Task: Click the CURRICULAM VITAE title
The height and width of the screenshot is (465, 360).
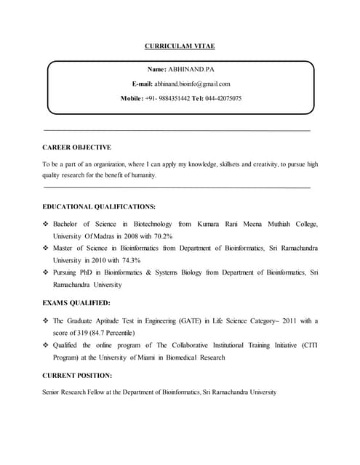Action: [180, 46]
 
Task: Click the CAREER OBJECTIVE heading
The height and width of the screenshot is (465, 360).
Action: [76, 147]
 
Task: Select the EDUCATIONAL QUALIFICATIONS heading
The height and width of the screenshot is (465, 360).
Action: [99, 206]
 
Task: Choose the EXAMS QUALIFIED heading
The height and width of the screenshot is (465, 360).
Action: [76, 302]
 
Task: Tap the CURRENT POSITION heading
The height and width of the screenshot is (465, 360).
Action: [77, 376]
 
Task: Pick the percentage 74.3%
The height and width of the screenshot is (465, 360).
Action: [128, 259]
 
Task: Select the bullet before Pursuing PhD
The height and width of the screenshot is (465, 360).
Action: [46, 272]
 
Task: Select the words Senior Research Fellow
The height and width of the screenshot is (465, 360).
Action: [75, 392]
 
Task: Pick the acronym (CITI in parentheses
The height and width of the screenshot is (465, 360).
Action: [308, 345]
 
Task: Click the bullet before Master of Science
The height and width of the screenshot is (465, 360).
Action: [46, 248]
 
